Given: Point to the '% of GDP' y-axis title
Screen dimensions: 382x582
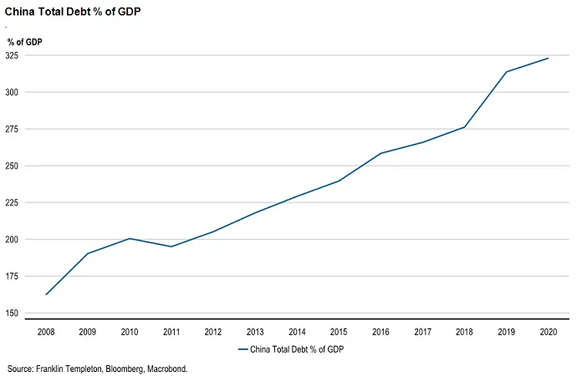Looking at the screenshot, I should [x=24, y=41].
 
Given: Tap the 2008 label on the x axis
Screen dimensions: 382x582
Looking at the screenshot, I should [x=45, y=332].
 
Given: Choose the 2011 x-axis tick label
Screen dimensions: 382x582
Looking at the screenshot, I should [x=171, y=332].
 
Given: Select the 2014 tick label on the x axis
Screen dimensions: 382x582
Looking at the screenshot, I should [x=297, y=332].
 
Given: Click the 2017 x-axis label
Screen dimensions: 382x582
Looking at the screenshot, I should [x=422, y=332].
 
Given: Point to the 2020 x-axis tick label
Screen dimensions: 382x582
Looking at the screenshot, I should [x=548, y=332].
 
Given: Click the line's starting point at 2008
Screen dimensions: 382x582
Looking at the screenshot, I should [x=45, y=294].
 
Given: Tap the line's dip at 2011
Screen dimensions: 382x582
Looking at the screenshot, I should [x=171, y=247].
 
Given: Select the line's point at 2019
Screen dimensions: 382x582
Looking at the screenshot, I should [x=506, y=72].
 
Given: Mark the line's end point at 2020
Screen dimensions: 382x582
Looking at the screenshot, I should [x=548, y=59].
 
